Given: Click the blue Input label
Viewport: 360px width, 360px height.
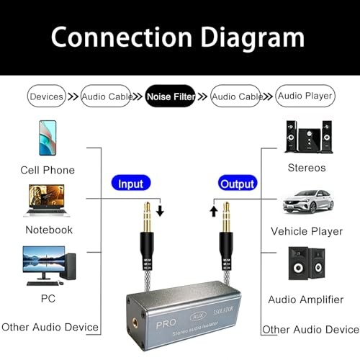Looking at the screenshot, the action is (x=131, y=183).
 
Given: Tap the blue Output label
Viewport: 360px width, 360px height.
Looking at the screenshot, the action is (x=238, y=183).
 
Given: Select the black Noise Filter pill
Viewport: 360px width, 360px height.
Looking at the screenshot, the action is (x=171, y=96).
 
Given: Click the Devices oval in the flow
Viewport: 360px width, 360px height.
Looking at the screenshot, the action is (x=46, y=96).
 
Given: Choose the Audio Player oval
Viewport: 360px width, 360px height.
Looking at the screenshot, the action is (x=305, y=96).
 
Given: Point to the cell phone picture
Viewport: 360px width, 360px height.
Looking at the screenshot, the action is (x=48, y=138).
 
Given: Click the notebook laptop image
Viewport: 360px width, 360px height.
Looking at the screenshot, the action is (x=47, y=201).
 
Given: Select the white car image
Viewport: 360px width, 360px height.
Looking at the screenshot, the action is (x=308, y=202).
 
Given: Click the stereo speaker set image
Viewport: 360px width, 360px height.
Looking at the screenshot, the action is (x=309, y=137).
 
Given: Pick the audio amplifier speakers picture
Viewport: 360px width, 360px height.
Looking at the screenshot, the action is (x=307, y=264).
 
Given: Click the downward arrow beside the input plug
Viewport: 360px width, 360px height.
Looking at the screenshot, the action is (x=160, y=210).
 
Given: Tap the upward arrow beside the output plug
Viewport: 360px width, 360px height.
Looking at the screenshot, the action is (x=214, y=211).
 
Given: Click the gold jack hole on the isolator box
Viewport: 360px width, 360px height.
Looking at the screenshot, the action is (x=135, y=323).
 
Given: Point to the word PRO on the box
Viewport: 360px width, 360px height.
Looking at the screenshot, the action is (x=166, y=324).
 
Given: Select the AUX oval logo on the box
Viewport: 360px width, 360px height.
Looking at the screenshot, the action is (x=198, y=317).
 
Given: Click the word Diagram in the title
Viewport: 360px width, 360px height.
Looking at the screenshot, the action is (x=253, y=38).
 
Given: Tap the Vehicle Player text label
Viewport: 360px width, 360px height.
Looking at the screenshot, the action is (x=307, y=231).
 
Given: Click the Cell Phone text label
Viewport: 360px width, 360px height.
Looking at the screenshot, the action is (x=48, y=170).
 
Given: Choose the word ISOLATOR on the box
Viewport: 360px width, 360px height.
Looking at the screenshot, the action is (x=223, y=310).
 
